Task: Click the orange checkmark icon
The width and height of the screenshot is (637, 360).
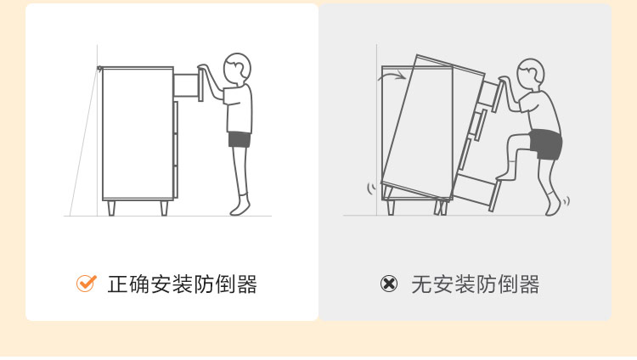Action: tap(86, 284)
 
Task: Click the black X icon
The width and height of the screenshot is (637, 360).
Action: tap(388, 284)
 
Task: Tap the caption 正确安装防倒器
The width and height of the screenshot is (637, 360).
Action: tap(182, 284)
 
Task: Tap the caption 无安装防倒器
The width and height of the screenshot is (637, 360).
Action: tap(475, 284)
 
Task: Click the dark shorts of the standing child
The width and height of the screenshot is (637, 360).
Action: tap(240, 139)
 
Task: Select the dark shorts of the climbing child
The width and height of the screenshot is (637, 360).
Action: tap(545, 143)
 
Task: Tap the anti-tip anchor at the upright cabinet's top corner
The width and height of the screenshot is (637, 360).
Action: tap(100, 68)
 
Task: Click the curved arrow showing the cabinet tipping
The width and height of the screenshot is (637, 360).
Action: tap(392, 77)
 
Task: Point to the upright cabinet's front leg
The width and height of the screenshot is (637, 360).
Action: tap(164, 208)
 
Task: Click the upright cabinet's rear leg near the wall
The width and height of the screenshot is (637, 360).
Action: tap(110, 208)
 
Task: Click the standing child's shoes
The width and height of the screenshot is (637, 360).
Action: tap(240, 207)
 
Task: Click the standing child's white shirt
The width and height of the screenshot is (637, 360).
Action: tap(240, 107)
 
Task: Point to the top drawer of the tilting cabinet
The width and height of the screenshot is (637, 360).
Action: tap(491, 93)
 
